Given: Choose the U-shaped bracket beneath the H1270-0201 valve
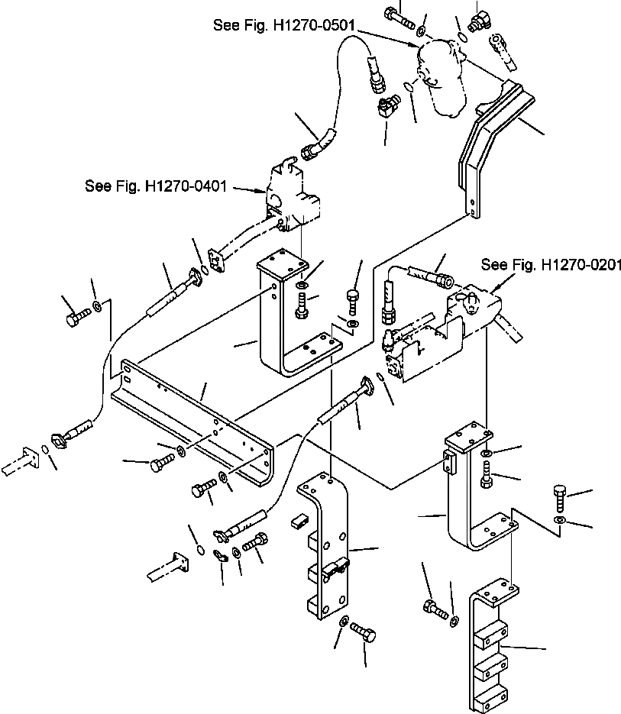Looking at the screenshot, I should coord(474,496).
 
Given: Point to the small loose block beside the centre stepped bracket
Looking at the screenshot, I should coord(298,522).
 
